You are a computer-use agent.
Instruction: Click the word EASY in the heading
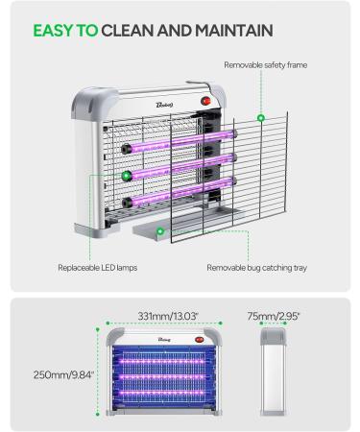(54, 31)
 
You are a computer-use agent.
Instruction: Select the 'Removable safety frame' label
(265, 64)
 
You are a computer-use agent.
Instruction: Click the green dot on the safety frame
(261, 118)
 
